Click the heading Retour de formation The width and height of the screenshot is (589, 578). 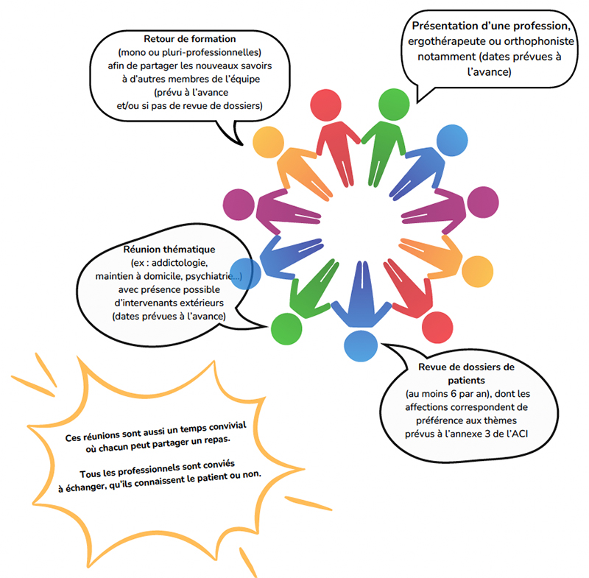point(190,38)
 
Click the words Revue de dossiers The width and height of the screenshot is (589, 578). point(467,367)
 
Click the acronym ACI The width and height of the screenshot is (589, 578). point(521,433)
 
